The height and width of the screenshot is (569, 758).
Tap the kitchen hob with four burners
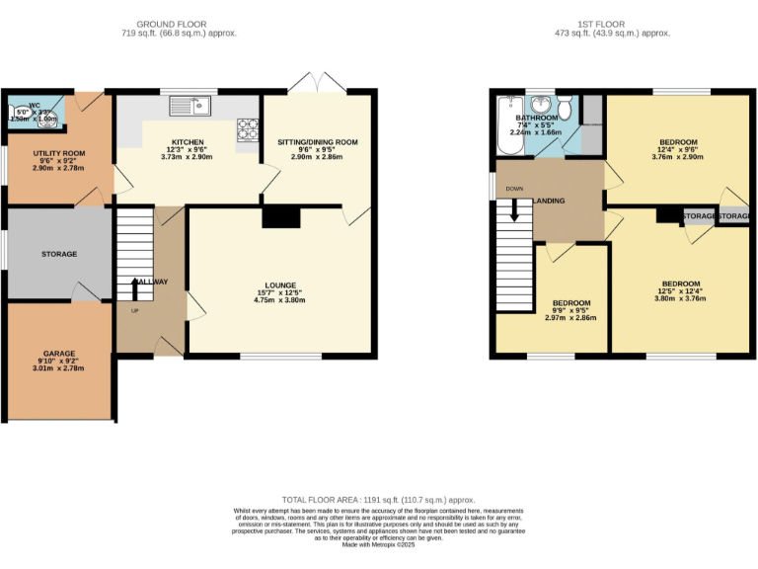[x=245, y=126]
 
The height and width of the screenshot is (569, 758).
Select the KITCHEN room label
[x=188, y=142]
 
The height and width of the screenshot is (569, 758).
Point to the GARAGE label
[x=59, y=353]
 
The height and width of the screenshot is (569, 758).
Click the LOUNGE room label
[x=280, y=288]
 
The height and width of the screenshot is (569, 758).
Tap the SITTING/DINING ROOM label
[x=318, y=142]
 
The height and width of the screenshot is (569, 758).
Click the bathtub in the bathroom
[x=510, y=125]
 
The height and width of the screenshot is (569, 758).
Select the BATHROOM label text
[x=535, y=118]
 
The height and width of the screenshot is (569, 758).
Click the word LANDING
[x=549, y=202]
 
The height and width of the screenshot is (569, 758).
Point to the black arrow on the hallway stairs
[x=136, y=287]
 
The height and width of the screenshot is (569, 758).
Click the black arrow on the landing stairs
[x=514, y=209]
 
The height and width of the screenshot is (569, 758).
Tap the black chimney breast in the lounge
[x=281, y=216]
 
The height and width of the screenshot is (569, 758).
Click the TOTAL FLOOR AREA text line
[x=379, y=501]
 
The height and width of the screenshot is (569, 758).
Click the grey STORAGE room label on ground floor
[x=59, y=254]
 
